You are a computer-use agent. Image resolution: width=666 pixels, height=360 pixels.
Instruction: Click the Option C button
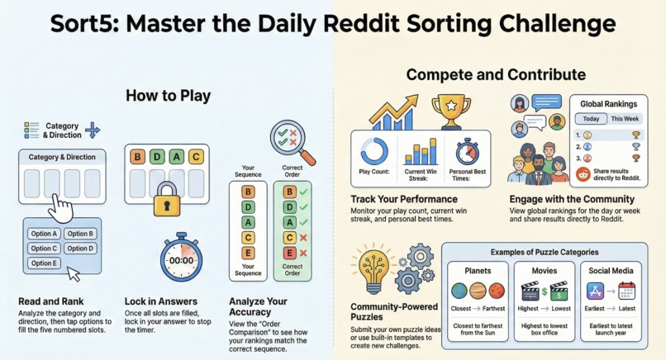[45, 248]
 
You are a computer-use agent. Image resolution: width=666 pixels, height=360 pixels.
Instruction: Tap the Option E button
[45, 263]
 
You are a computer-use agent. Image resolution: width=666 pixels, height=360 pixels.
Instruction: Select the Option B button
[80, 234]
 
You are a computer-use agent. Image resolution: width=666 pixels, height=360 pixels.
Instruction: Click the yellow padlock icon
[168, 199]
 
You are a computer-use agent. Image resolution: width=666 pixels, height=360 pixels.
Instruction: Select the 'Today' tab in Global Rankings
[591, 119]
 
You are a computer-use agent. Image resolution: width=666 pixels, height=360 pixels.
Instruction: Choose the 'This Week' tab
[625, 119]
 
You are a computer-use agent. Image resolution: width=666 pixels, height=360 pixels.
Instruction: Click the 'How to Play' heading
[168, 96]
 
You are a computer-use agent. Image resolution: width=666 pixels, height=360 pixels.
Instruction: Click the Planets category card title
[478, 270]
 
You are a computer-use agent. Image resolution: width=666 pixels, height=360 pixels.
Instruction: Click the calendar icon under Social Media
[626, 291]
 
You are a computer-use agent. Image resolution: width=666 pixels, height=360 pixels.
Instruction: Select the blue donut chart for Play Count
[374, 150]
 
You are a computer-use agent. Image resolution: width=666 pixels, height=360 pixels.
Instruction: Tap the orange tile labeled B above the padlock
[137, 156]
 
